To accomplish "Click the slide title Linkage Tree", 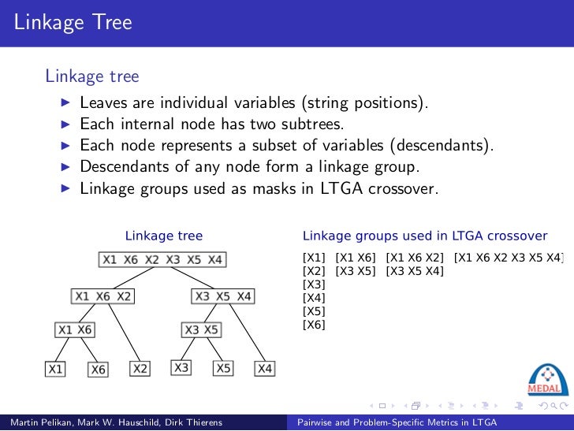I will pos(73,22).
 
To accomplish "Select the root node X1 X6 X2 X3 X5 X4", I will pos(162,259).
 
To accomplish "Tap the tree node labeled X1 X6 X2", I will pos(102,296).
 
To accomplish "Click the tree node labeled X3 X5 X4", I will pos(223,296).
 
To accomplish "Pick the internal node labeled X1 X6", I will pos(74,330).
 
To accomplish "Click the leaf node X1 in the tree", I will pos(54,368).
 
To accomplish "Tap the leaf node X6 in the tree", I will pos(98,368).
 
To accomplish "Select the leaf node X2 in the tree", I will pos(140,368).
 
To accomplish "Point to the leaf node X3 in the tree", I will pos(182,367).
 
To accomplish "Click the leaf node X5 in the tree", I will pos(224,368).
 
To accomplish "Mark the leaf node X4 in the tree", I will pos(266,368).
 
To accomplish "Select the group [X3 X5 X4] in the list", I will pos(415,271).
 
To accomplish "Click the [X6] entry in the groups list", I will pos(314,325).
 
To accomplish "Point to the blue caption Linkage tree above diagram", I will pos(164,236).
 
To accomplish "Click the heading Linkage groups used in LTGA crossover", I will pos(425,236).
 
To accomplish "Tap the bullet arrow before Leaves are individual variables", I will pos(66,103).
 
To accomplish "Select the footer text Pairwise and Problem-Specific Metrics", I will pos(397,423).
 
